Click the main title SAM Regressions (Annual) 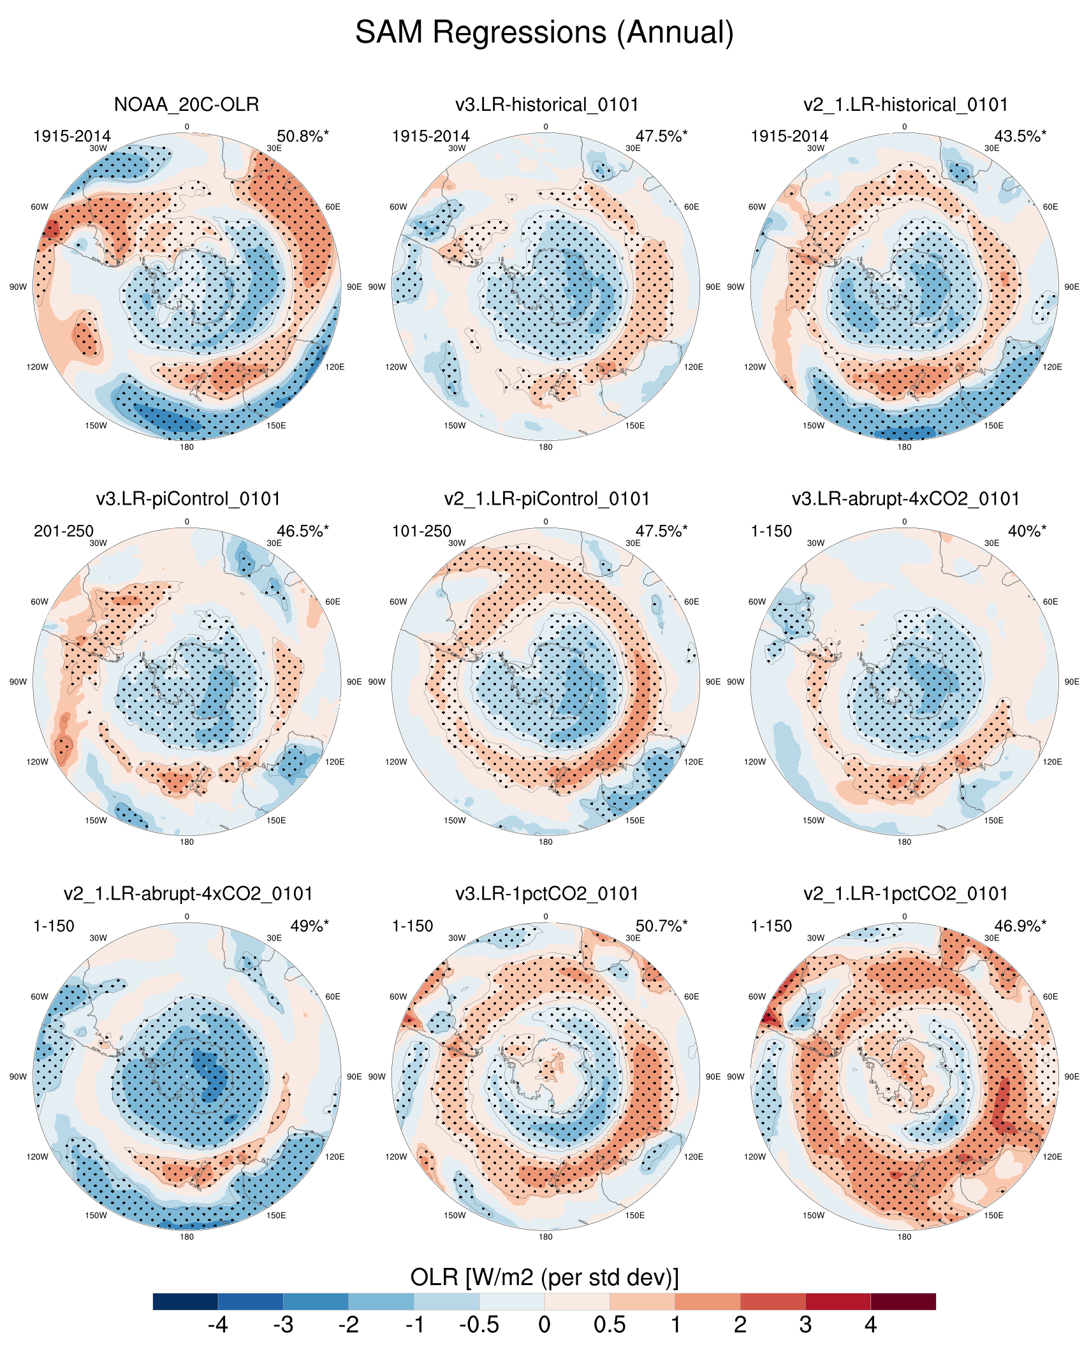tap(544, 32)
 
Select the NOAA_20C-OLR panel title tap(186, 104)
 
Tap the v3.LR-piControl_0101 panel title tap(188, 499)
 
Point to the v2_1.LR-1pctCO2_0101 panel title tap(905, 894)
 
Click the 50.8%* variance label tap(303, 136)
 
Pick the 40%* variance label tap(1027, 531)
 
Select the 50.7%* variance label tap(661, 926)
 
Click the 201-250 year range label tap(64, 531)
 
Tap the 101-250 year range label tap(421, 531)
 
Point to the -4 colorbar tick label tap(218, 1325)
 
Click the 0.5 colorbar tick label tap(610, 1325)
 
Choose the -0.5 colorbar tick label tap(479, 1325)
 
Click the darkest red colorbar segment tap(903, 1301)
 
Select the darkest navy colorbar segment tap(186, 1301)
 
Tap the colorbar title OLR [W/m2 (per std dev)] tap(544, 1277)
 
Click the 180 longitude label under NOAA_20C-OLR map tap(187, 447)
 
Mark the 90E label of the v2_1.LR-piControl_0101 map tap(712, 682)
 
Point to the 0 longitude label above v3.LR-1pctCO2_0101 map tap(546, 917)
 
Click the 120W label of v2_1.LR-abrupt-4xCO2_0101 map tap(37, 1157)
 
